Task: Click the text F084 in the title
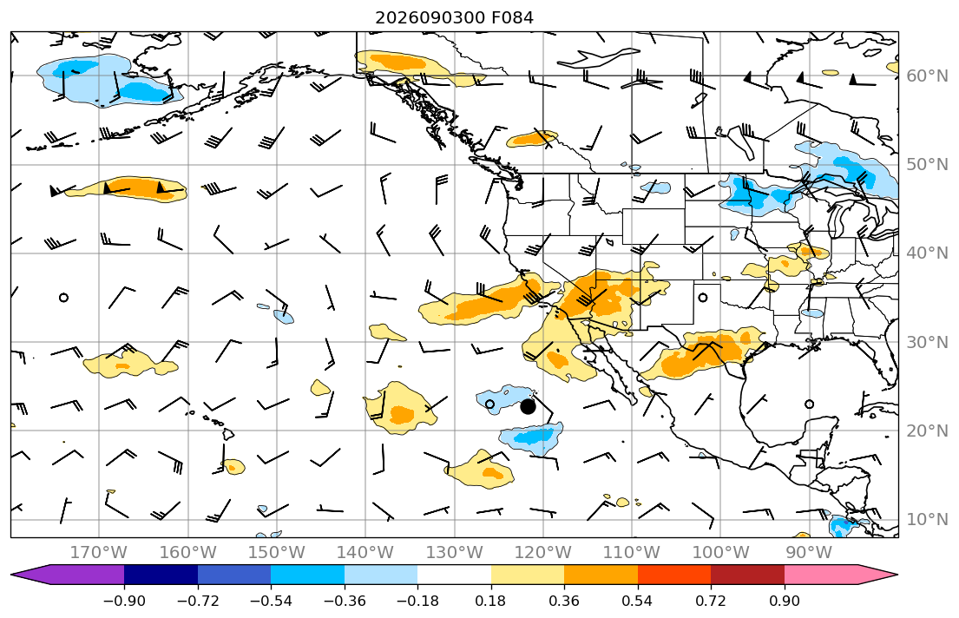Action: click(x=512, y=17)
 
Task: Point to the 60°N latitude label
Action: click(x=927, y=76)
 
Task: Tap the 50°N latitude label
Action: click(x=927, y=165)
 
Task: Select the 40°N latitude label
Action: click(x=927, y=253)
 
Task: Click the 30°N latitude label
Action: click(x=927, y=342)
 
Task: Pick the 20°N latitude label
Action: click(x=927, y=431)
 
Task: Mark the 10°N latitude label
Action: click(x=927, y=520)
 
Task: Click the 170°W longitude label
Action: click(x=99, y=553)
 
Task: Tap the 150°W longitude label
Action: click(x=277, y=553)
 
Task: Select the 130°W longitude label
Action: click(x=455, y=553)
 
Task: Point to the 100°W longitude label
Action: click(x=720, y=553)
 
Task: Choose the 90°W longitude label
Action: click(x=809, y=553)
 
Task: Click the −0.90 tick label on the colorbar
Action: click(x=124, y=601)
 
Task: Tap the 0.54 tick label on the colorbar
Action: click(x=637, y=601)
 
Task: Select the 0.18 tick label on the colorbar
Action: click(x=490, y=601)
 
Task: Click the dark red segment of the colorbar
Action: click(x=747, y=575)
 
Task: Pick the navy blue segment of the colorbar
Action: click(x=161, y=575)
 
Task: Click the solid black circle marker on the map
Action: click(x=528, y=406)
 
